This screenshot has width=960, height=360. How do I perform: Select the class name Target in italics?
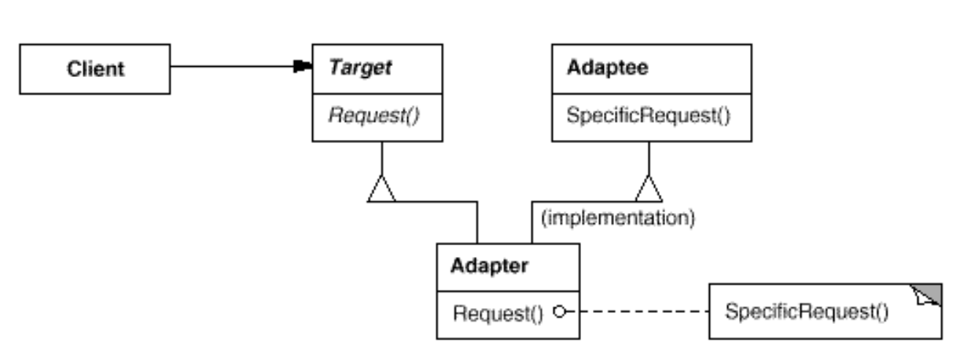[359, 68]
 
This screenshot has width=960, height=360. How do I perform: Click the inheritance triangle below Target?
[381, 189]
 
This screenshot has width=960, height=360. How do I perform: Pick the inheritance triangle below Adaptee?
[649, 189]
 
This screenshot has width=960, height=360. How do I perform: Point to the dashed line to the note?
[637, 312]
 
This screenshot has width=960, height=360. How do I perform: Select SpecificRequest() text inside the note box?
[807, 312]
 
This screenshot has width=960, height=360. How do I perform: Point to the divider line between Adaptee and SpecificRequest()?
[649, 92]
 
